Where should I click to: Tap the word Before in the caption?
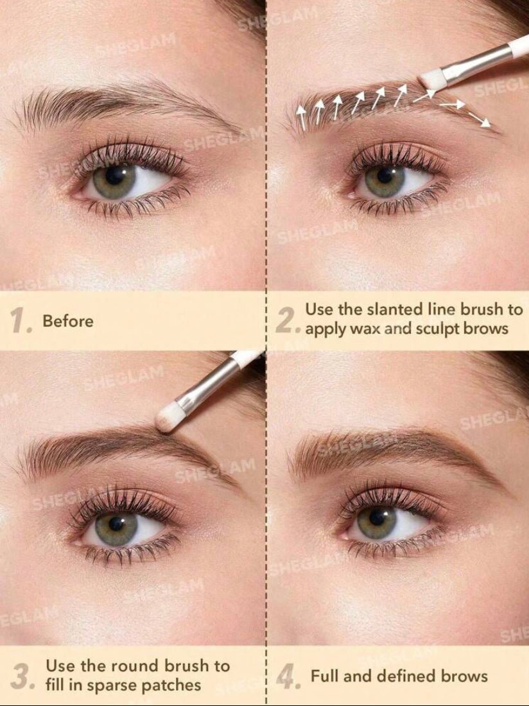coord(68,321)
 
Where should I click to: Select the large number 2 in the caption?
coord(287,320)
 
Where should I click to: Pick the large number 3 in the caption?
coord(21,676)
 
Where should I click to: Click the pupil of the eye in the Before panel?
coord(116,176)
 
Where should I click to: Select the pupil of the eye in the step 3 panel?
coord(116,523)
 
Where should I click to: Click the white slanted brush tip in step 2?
coord(433,79)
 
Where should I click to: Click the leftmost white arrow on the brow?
coord(302,117)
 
